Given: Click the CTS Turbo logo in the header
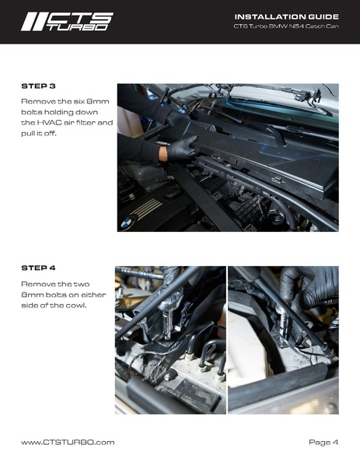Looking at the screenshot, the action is click(67, 22).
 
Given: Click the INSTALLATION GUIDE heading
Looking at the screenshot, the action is click(286, 16).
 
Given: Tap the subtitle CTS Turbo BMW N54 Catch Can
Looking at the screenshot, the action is click(285, 26).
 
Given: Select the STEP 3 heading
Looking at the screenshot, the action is click(38, 86).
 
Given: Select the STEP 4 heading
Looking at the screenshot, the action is click(38, 268).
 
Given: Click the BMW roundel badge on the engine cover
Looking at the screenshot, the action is click(128, 223).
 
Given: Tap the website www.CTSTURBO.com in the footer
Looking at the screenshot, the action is click(68, 442).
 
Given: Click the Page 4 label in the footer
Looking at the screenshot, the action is click(323, 442).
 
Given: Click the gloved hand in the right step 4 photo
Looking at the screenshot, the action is click(309, 286).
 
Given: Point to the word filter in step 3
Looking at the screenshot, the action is click(86, 123).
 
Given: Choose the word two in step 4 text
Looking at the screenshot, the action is click(82, 284).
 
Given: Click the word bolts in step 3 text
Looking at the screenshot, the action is click(31, 112).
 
